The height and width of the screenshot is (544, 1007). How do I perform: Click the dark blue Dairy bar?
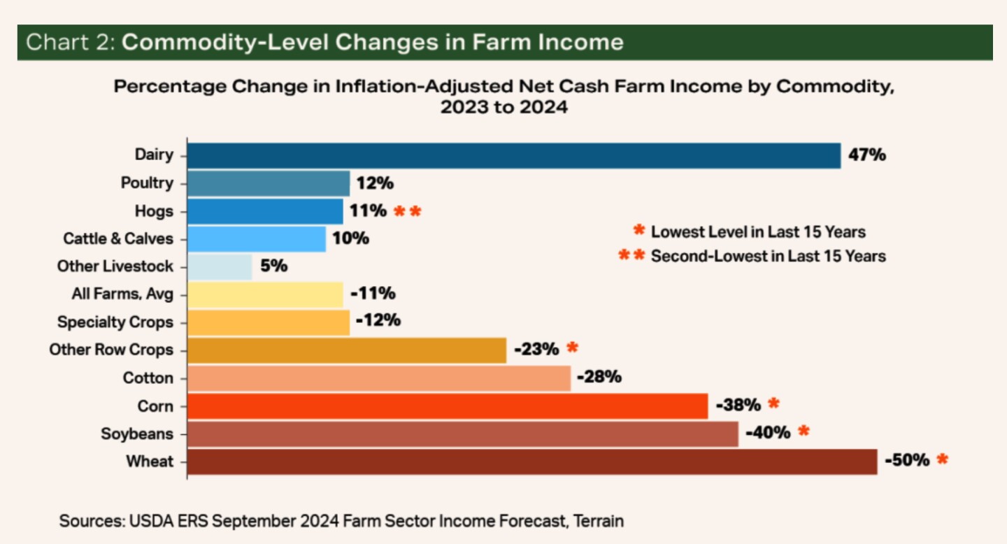514,155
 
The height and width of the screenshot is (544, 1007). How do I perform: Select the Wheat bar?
532,461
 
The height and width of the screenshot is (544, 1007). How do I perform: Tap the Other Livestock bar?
220,266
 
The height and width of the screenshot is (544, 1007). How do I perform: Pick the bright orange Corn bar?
448,406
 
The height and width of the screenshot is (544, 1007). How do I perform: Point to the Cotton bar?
379,378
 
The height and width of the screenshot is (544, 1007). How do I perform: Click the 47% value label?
866,155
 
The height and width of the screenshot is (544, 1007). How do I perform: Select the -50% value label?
907,460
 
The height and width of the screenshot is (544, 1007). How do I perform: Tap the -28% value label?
599,377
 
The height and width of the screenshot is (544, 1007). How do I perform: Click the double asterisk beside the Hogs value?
408,211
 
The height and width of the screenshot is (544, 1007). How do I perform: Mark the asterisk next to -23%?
573,348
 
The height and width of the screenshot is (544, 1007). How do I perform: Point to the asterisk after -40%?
804,431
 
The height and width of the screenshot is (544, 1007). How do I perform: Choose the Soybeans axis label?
136,434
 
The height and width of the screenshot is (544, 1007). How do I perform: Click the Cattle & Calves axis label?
117,238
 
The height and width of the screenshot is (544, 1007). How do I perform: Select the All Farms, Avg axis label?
122,294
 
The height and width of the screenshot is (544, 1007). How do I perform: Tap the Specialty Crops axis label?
115,322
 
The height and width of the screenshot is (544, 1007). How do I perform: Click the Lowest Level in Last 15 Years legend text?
758,231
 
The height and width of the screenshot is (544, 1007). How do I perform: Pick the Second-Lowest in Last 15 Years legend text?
768,256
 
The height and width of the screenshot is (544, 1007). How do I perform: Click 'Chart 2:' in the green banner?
71,43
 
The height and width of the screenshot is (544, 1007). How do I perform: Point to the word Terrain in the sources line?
595,521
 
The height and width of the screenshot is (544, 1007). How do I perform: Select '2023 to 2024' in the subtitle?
503,108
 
